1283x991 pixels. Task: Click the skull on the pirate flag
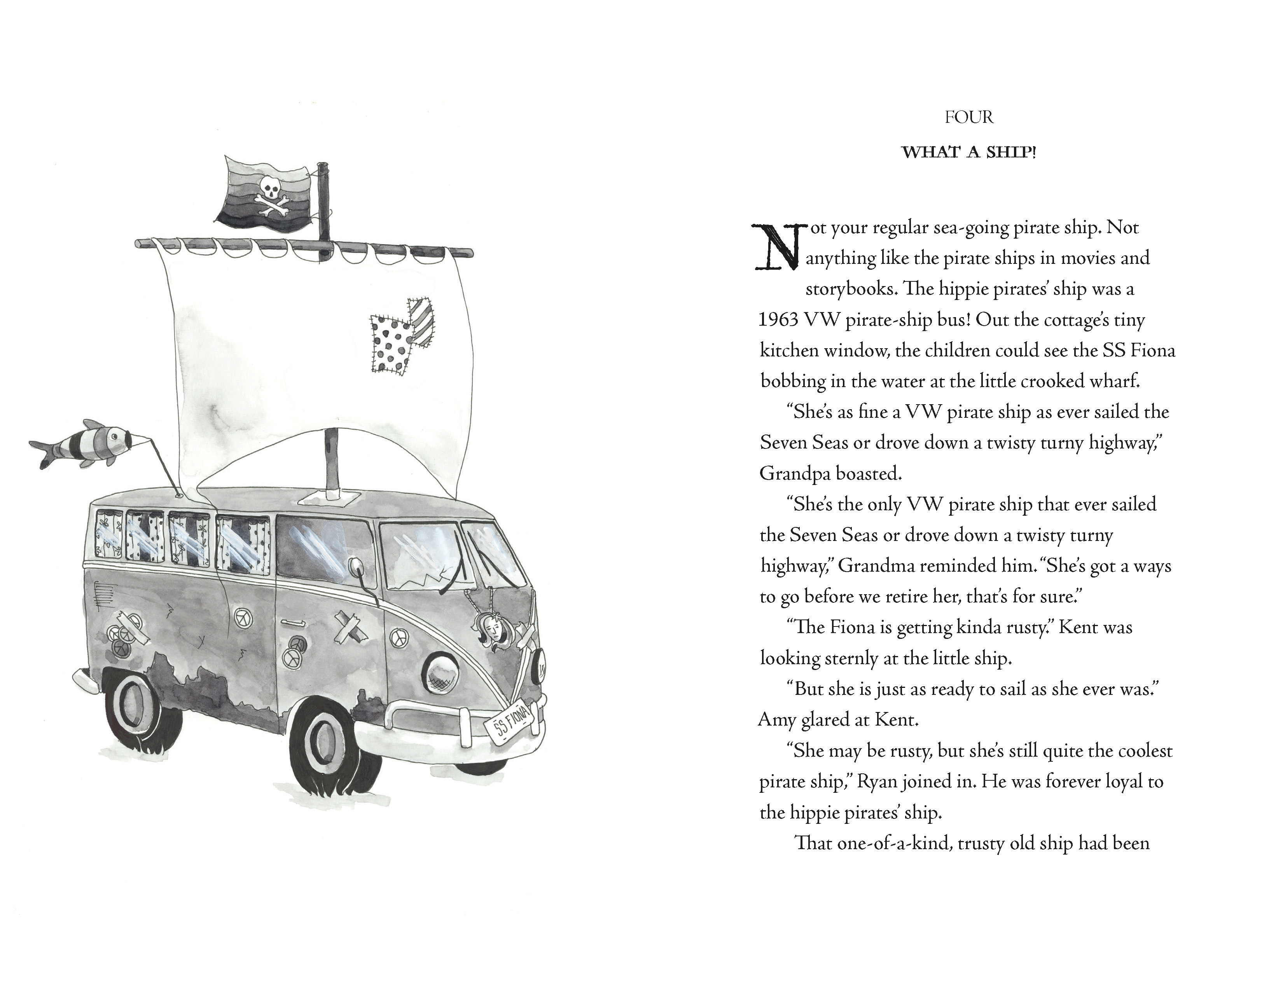pyautogui.click(x=271, y=189)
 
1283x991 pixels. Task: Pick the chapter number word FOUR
pyautogui.click(x=969, y=118)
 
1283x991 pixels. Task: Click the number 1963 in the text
pyautogui.click(x=778, y=320)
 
